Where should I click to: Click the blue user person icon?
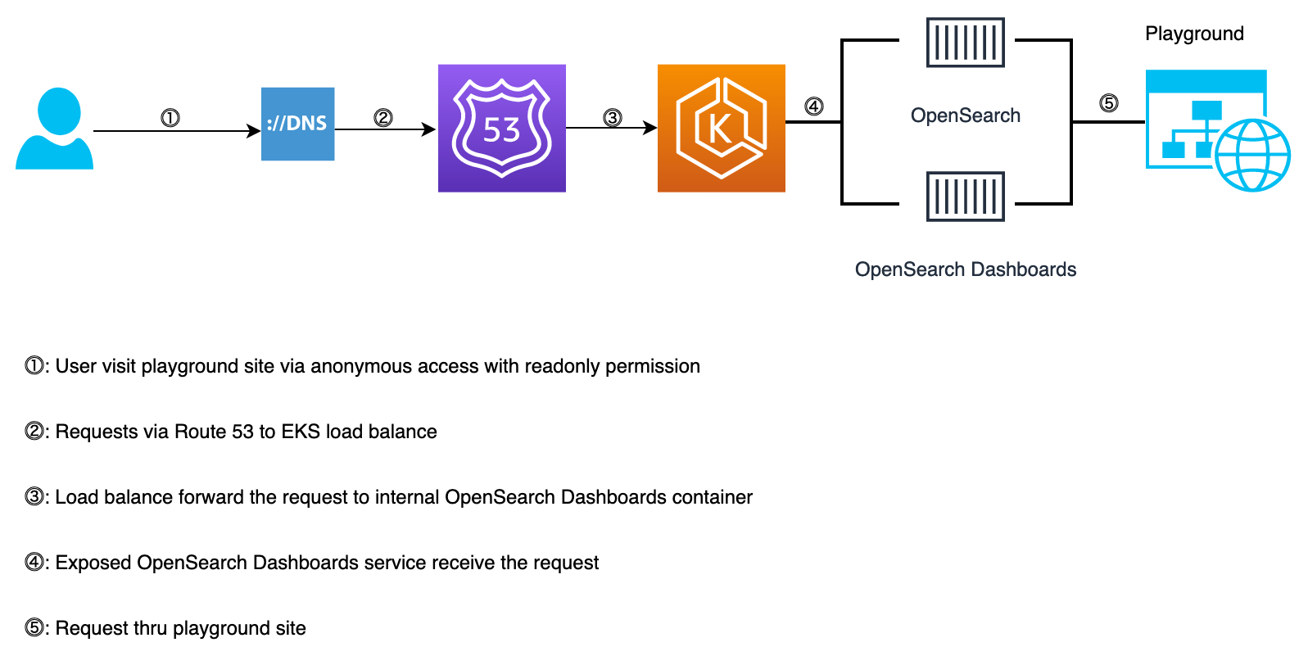point(55,129)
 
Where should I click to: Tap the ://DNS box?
point(297,124)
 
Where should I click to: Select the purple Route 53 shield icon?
point(501,129)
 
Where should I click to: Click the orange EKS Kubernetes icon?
point(721,129)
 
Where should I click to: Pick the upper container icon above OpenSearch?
point(965,43)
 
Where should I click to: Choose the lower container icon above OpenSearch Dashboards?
point(965,197)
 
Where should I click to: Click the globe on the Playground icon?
point(1252,155)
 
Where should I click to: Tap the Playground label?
point(1194,34)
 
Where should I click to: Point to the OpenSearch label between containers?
point(965,115)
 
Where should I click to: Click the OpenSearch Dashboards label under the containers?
point(965,269)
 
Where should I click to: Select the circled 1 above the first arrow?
point(170,118)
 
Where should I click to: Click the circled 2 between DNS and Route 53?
point(383,118)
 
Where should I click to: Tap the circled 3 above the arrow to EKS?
point(613,118)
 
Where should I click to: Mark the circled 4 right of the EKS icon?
point(813,106)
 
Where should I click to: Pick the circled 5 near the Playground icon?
point(1108,103)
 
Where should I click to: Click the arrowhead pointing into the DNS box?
point(255,131)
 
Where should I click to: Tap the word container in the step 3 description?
point(712,497)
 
